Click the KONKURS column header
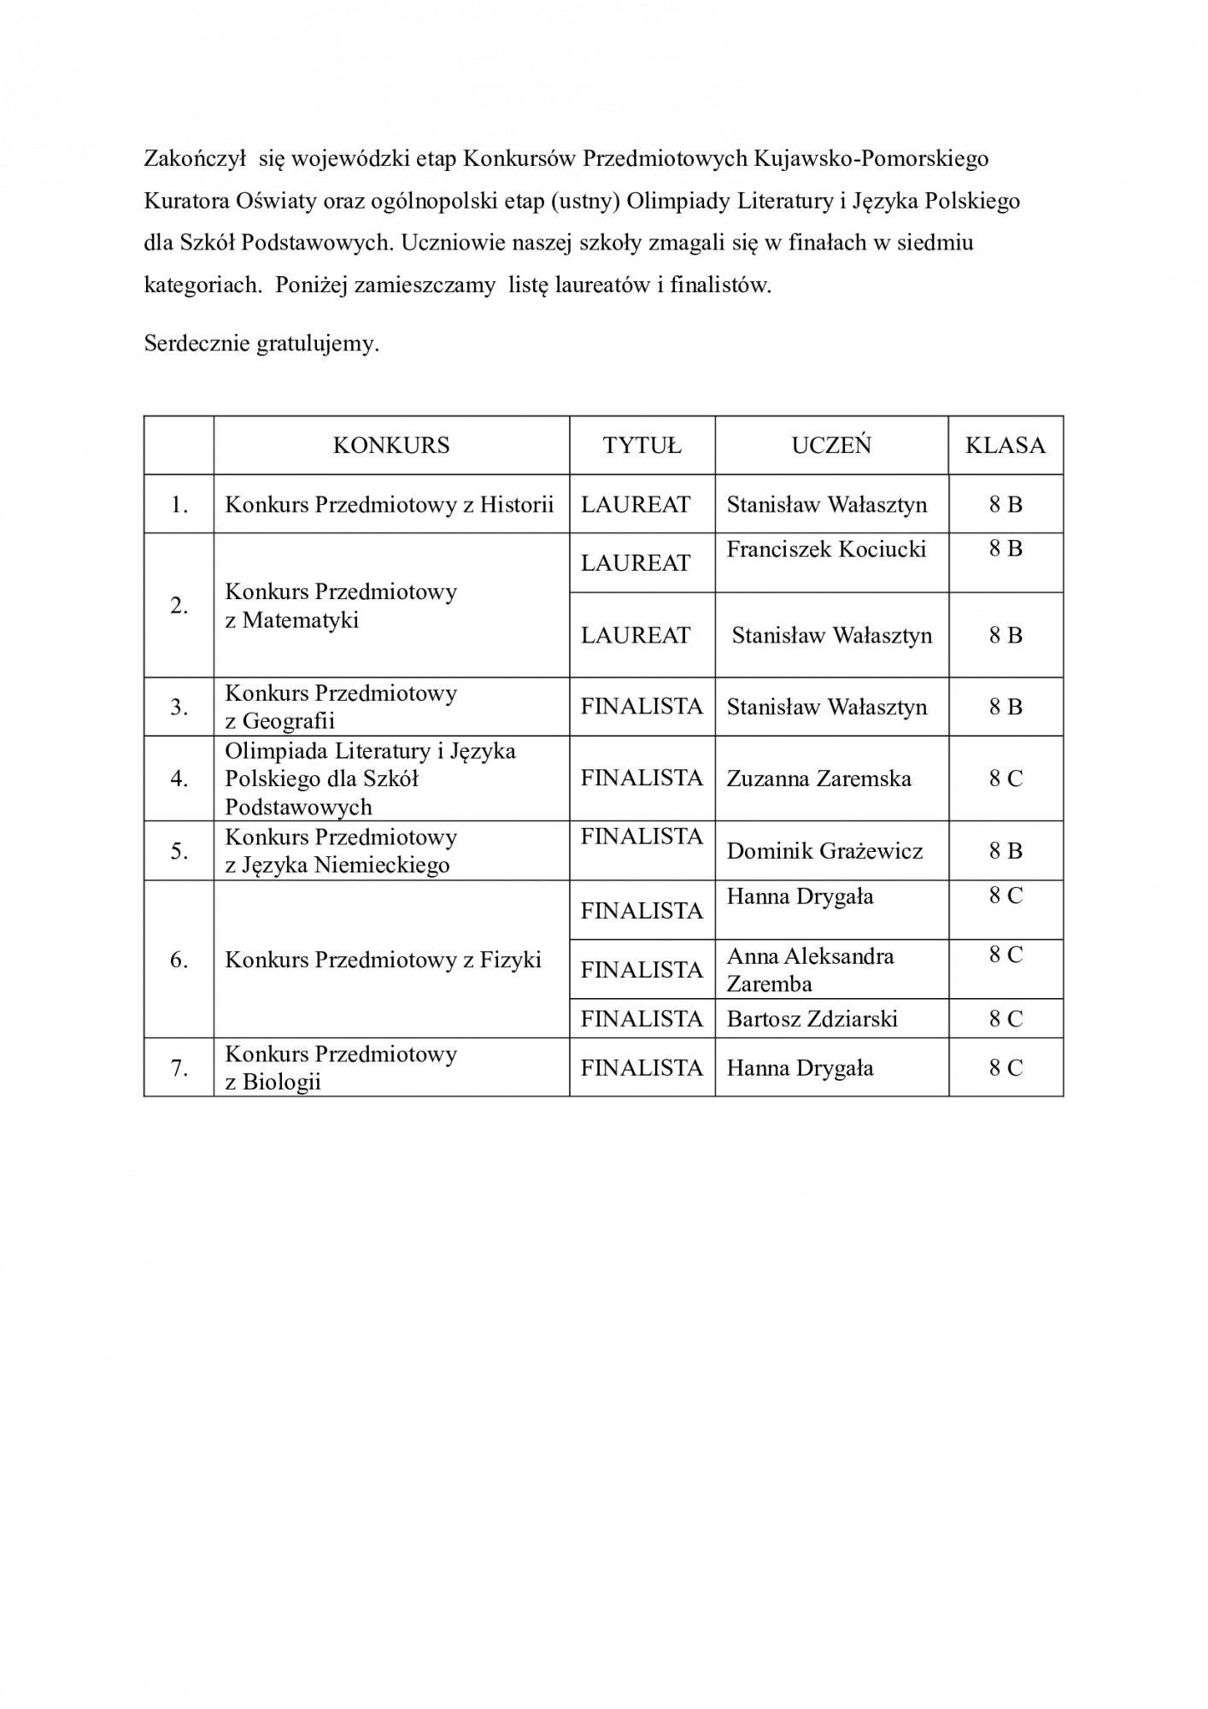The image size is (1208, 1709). [x=391, y=445]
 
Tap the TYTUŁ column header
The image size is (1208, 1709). [x=642, y=445]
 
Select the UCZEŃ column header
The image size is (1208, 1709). [x=831, y=445]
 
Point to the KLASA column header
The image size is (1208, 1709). [x=1006, y=445]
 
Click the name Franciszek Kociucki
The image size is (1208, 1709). [x=826, y=549]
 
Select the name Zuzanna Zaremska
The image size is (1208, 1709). [x=818, y=778]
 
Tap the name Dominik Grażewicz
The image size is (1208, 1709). [x=824, y=851]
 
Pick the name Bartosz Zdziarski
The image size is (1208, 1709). [x=812, y=1019]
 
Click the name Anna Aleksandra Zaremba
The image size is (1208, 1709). [x=810, y=969]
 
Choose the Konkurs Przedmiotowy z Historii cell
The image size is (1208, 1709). [x=390, y=504]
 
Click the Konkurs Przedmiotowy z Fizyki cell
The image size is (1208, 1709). [x=383, y=960]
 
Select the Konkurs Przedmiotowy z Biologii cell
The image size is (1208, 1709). [x=341, y=1067]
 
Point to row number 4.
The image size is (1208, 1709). [x=179, y=778]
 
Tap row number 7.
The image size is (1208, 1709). [x=179, y=1067]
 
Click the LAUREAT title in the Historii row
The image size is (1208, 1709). [x=636, y=504]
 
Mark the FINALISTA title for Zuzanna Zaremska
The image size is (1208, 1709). [x=642, y=778]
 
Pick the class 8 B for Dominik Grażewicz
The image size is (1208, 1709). [x=1006, y=851]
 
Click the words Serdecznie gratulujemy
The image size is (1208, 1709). [x=261, y=344]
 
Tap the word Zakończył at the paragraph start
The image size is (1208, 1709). [x=195, y=159]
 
